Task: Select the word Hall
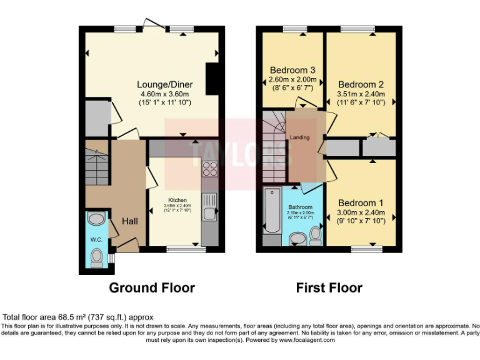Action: [x=130, y=221]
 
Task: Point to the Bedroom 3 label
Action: [x=292, y=69]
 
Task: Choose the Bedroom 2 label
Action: [x=361, y=84]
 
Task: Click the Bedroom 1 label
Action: [x=361, y=202]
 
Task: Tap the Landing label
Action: [x=299, y=137]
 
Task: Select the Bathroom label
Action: [x=299, y=207]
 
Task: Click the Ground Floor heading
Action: [x=152, y=288]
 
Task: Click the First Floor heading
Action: [x=329, y=288]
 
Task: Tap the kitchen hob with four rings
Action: [x=209, y=169]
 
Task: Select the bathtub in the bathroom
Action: [x=272, y=209]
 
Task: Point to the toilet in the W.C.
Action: [x=96, y=257]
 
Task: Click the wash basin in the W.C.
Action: [x=96, y=219]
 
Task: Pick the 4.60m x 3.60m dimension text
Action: [x=164, y=94]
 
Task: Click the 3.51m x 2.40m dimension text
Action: [x=361, y=94]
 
